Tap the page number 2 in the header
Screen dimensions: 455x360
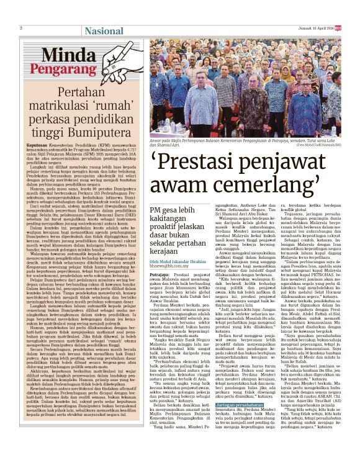21,28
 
